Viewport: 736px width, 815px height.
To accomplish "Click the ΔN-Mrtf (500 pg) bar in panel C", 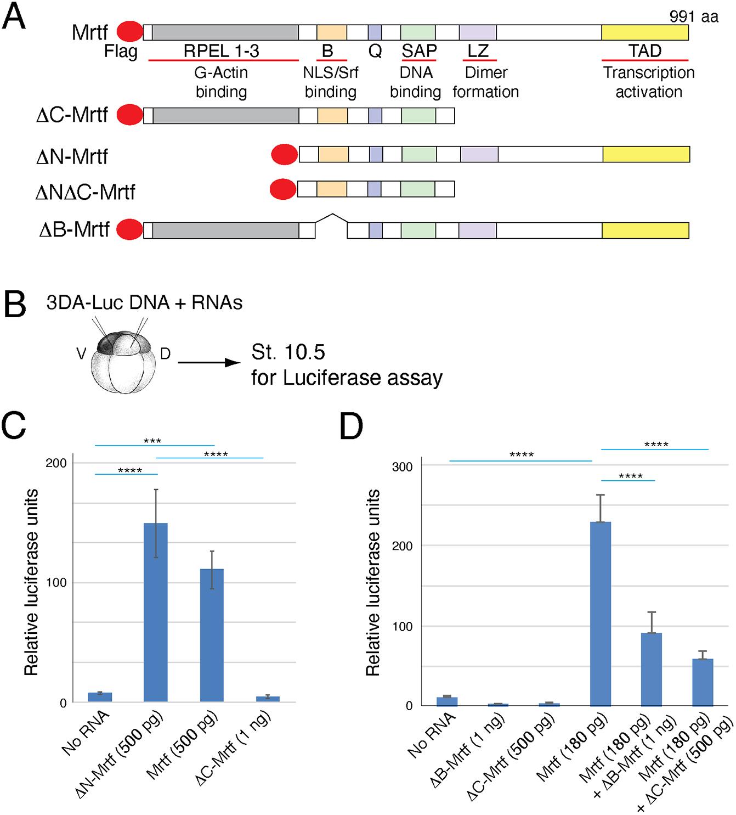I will pyautogui.click(x=155, y=612).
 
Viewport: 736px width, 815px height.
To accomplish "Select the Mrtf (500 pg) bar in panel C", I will pyautogui.click(x=212, y=635).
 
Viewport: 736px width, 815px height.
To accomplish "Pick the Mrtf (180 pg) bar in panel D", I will pyautogui.click(x=600, y=613).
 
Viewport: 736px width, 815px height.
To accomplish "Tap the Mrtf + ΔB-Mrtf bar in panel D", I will pyautogui.click(x=651, y=669).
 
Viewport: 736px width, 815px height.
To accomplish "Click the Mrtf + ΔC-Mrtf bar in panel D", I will pyautogui.click(x=703, y=682).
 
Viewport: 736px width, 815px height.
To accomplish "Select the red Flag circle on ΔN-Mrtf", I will pyautogui.click(x=285, y=155).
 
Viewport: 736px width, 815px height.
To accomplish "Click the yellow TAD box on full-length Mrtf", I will pyautogui.click(x=644, y=32).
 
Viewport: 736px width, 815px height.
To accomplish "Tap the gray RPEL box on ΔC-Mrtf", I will pyautogui.click(x=225, y=116).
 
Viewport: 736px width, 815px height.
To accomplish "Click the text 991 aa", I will pyautogui.click(x=693, y=16).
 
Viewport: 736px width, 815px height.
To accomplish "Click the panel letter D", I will pyautogui.click(x=352, y=426).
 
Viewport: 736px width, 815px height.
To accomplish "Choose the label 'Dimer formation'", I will pyautogui.click(x=486, y=82).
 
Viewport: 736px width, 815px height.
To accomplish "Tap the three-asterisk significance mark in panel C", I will pyautogui.click(x=152, y=441).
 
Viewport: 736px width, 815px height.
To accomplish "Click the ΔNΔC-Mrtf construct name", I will pyautogui.click(x=85, y=192).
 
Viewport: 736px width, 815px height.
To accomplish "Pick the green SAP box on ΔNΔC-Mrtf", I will pyautogui.click(x=417, y=189).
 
